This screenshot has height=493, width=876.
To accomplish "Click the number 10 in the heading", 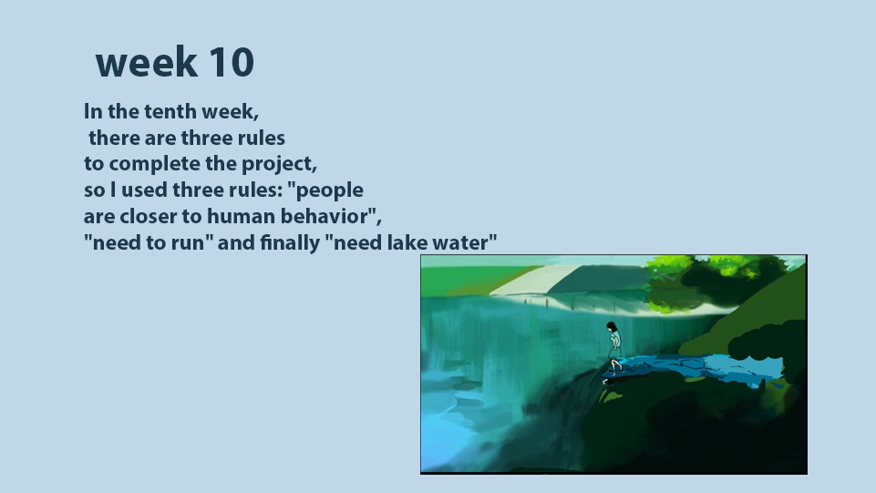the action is pos(232,62).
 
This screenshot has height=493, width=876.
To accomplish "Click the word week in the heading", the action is pos(147,62).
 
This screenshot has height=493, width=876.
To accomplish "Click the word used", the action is pos(144,190).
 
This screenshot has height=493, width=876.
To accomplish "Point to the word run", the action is pos(190,244).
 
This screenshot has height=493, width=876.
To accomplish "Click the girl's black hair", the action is pos(613,327).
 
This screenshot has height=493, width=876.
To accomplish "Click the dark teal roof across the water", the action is pos(598,280).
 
